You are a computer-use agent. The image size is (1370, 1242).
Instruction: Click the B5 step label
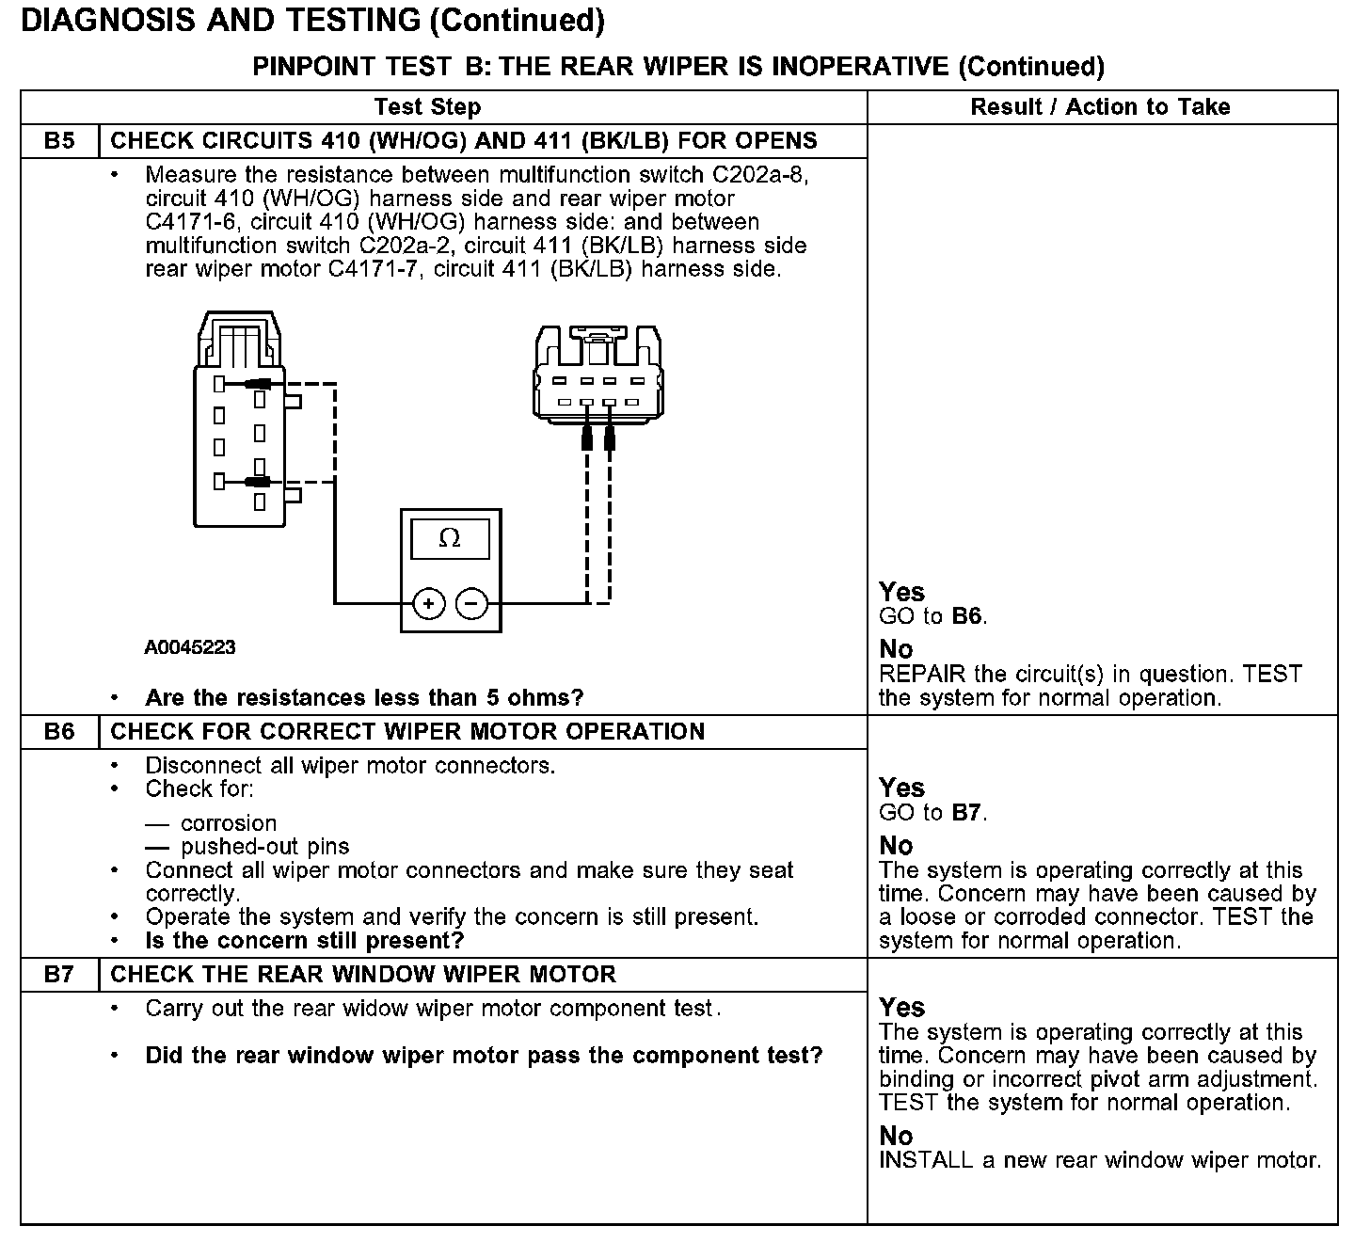click(59, 141)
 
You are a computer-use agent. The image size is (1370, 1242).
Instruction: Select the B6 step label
click(59, 732)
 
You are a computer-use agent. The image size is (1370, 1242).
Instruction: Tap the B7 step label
click(59, 975)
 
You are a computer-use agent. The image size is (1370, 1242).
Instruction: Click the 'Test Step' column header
click(427, 107)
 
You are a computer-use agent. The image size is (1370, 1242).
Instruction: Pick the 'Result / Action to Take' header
click(1100, 107)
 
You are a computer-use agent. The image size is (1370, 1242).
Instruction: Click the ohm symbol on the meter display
click(450, 539)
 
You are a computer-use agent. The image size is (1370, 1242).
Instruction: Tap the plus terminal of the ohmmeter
click(428, 603)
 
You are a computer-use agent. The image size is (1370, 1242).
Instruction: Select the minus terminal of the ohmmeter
click(471, 603)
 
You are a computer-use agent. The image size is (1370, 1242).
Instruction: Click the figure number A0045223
click(190, 648)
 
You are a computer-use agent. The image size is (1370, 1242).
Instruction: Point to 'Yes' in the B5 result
click(901, 592)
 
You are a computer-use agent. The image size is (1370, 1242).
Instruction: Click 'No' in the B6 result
click(896, 846)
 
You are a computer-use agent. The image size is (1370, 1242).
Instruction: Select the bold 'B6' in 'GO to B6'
click(968, 617)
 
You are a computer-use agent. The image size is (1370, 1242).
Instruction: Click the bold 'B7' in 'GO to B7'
click(968, 813)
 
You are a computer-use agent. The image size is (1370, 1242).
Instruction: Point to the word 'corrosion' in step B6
click(229, 823)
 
